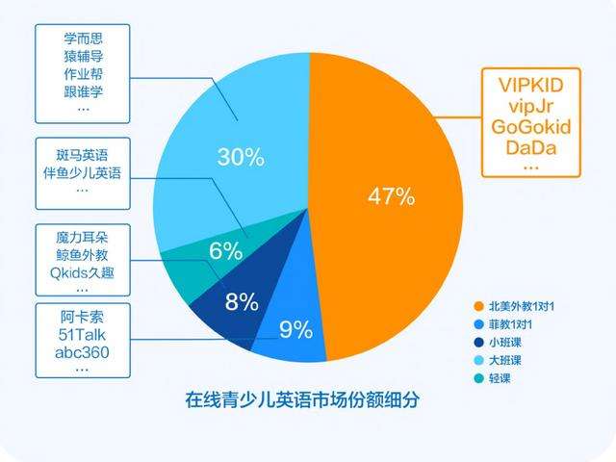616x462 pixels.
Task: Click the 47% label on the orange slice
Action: coord(391,197)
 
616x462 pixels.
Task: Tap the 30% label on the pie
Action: coord(241,157)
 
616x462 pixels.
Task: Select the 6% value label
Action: coord(225,252)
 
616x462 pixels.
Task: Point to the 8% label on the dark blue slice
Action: coord(241,302)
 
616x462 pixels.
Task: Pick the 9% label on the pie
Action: coord(295,331)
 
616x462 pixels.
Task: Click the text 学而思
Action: coord(83,39)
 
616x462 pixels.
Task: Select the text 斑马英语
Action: coord(83,152)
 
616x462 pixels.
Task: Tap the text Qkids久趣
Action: coord(83,271)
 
